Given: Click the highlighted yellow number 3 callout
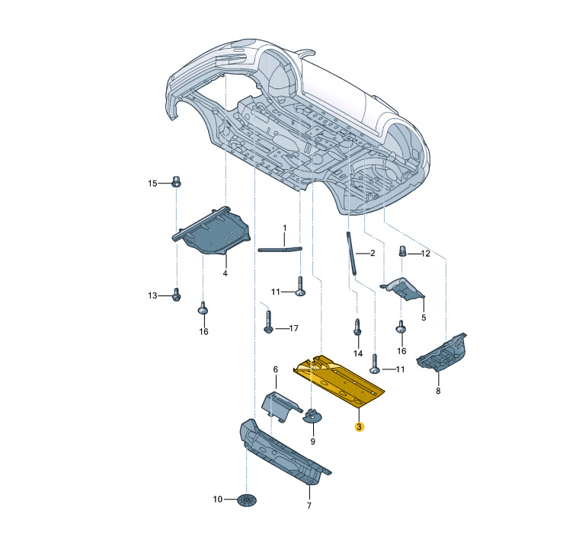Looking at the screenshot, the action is click(x=359, y=427).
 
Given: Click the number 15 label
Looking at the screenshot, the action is click(x=152, y=184).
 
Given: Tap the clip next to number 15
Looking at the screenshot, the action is click(x=177, y=181).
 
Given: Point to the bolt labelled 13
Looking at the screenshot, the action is click(x=177, y=295).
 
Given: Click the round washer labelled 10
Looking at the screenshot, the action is click(x=247, y=500).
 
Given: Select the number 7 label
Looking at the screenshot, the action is click(x=309, y=506).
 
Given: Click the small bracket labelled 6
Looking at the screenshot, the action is click(x=281, y=406).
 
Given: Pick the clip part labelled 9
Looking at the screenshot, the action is click(x=312, y=416).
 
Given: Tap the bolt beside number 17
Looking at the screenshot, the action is click(x=268, y=322).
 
